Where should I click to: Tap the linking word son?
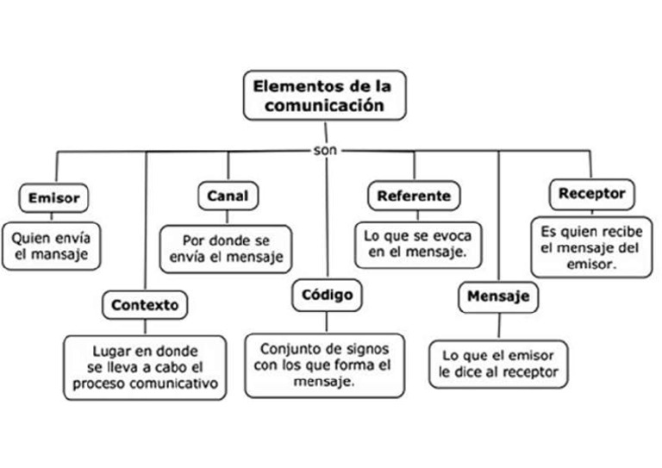coord(327,150)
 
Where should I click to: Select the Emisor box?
coord(53,197)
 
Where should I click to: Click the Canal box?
coord(228,196)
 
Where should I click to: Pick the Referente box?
coord(414,196)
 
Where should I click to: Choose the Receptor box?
coord(591,193)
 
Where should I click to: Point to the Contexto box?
coord(145,304)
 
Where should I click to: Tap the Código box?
coord(328,295)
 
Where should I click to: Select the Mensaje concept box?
coord(498,297)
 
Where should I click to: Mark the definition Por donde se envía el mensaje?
coord(227,248)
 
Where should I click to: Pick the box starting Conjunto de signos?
coord(325,365)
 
